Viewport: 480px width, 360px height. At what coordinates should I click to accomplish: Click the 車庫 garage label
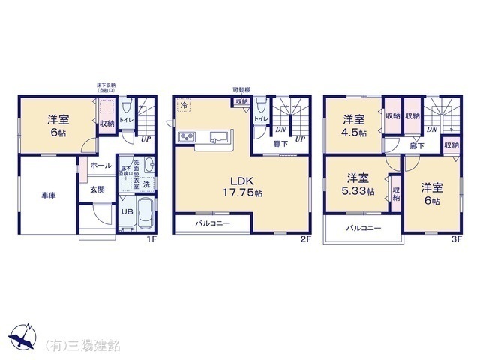[x=49, y=196]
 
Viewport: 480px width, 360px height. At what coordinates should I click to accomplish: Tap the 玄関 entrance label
[x=98, y=189]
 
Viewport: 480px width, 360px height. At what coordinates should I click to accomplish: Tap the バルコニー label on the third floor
[x=364, y=228]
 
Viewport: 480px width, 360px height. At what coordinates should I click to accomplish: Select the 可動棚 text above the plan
[x=241, y=90]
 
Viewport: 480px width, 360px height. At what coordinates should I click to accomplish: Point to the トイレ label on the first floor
[x=127, y=118]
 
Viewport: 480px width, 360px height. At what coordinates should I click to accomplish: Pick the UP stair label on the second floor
[x=299, y=139]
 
